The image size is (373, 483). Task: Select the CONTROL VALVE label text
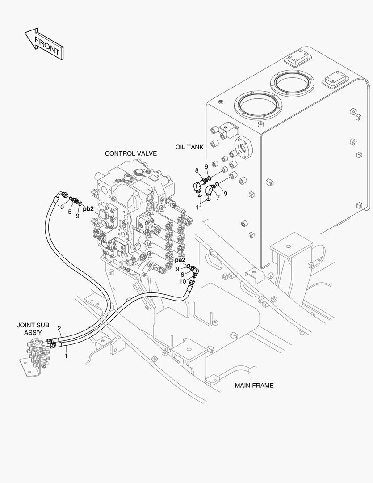(130, 153)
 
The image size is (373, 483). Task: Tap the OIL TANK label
(189, 147)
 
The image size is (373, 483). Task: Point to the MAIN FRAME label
(254, 385)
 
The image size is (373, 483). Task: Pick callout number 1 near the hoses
(66, 356)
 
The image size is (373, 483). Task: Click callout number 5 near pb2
(70, 212)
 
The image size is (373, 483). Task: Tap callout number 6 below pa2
(182, 275)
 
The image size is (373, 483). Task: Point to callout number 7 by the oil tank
(218, 197)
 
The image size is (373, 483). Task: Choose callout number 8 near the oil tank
(197, 170)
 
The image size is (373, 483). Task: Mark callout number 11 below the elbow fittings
(199, 208)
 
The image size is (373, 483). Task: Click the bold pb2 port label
(88, 208)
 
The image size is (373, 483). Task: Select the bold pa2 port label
(180, 260)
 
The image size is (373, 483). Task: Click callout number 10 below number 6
(183, 281)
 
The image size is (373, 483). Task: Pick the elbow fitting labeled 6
(195, 270)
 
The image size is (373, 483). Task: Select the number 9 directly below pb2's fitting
(77, 216)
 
